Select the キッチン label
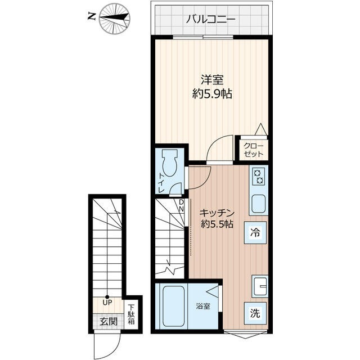pyautogui.click(x=217, y=213)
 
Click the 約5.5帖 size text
pyautogui.click(x=217, y=224)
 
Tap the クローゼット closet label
pyautogui.click(x=253, y=148)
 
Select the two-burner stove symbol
pyautogui.click(x=259, y=177)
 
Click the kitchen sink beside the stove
pyautogui.click(x=259, y=204)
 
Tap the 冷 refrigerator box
pyautogui.click(x=255, y=232)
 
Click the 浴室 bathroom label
pyautogui.click(x=204, y=307)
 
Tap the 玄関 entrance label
pyautogui.click(x=109, y=322)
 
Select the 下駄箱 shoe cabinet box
pyautogui.click(x=132, y=315)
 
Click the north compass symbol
pyautogui.click(x=114, y=17)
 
